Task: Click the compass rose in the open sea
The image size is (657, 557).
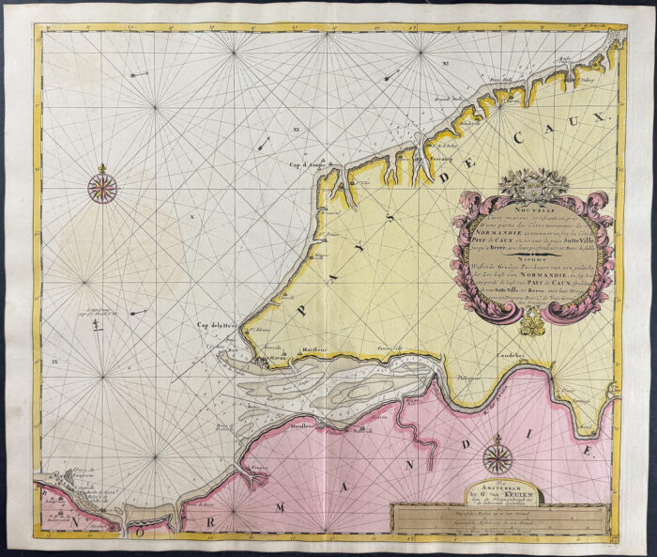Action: click(x=102, y=184)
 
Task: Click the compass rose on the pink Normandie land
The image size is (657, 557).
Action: click(x=497, y=458)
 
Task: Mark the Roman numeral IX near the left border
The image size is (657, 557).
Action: click(x=54, y=360)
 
